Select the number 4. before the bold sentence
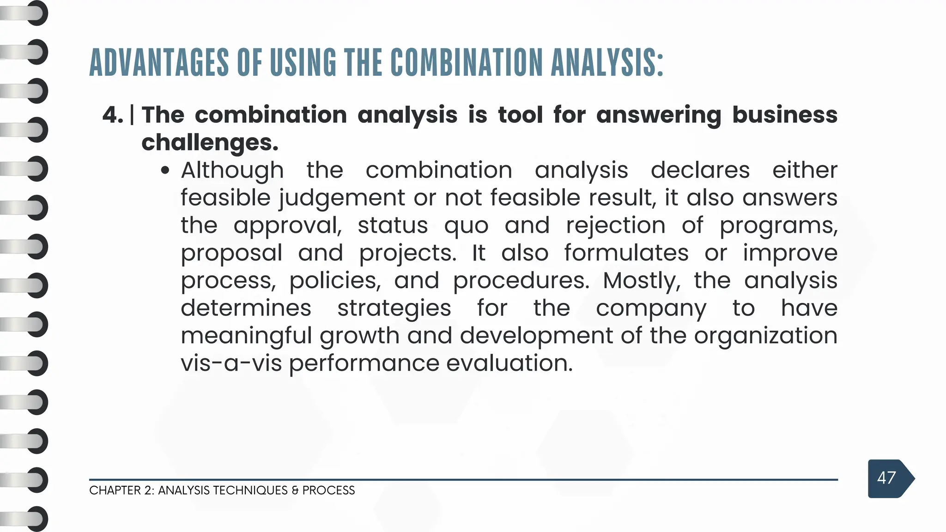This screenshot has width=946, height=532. pos(113,115)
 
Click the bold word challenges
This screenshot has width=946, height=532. pos(210,142)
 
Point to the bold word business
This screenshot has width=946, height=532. pos(785,115)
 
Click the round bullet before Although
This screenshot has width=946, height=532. pos(165,171)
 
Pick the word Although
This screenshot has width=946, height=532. pos(232,170)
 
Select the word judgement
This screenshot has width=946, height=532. pos(342,198)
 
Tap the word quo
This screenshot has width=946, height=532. pos(466,226)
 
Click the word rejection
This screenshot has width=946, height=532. pos(616,225)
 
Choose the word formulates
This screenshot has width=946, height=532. pos(626,253)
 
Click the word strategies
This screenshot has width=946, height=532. pos(394,308)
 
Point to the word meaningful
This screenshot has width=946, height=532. pos(246,336)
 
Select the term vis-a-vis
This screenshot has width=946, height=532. pos(231,363)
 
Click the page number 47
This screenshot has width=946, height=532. pos(886,478)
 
